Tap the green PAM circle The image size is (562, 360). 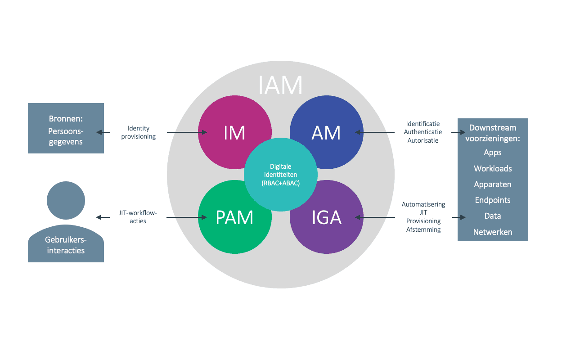225,225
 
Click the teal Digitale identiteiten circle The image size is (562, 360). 281,175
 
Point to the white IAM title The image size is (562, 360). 280,85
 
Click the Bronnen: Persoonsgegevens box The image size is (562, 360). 66,128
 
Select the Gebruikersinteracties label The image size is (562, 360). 66,246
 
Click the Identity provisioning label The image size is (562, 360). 139,133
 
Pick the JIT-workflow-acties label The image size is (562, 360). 138,217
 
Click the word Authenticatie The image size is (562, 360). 423,132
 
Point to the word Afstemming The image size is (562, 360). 423,229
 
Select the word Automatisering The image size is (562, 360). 423,204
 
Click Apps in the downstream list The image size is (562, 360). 493,153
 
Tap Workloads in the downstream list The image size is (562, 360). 493,169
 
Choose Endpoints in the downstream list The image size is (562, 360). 493,200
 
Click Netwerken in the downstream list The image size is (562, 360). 493,232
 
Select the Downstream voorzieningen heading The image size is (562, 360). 493,133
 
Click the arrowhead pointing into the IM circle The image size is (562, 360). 204,132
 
